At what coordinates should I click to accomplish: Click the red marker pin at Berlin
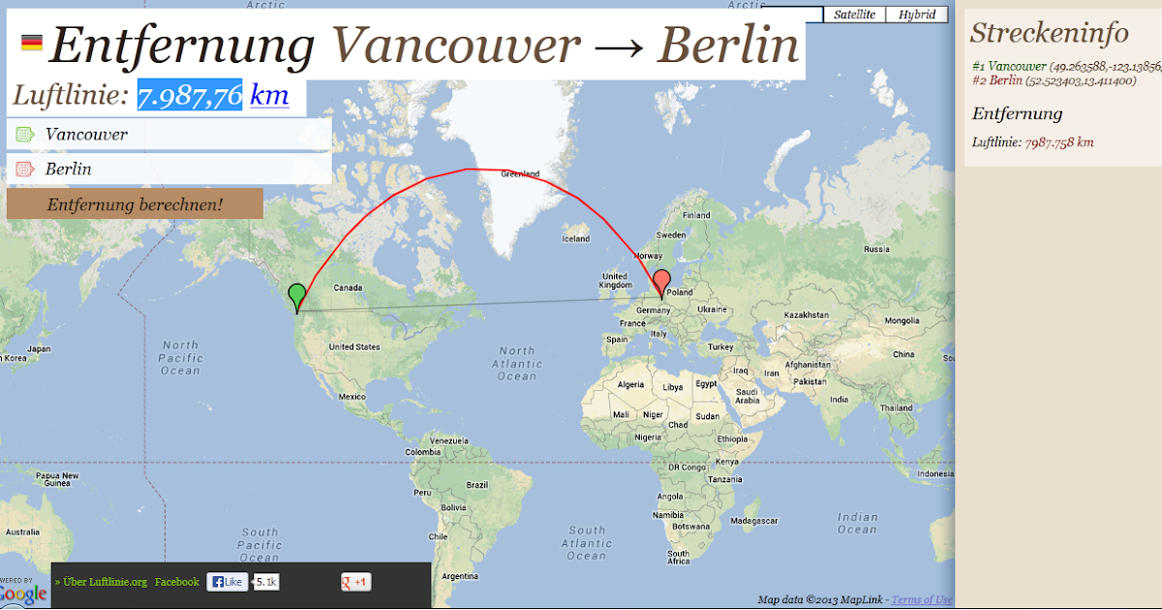(661, 282)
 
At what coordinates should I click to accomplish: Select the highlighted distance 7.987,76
(190, 96)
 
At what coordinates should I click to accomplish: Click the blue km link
(269, 96)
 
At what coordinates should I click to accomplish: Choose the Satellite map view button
(854, 15)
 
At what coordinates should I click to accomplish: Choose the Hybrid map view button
(916, 15)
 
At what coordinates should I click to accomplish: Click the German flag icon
(32, 43)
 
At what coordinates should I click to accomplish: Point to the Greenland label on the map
(520, 174)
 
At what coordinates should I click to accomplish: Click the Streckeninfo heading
(1049, 33)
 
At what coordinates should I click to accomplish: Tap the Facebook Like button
(228, 582)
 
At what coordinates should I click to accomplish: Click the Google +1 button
(355, 582)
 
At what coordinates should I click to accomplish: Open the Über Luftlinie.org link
(101, 582)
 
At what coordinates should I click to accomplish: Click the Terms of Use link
(922, 600)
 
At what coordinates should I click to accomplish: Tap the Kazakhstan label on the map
(809, 315)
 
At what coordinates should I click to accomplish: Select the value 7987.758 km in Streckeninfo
(1058, 142)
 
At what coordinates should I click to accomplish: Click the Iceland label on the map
(575, 238)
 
